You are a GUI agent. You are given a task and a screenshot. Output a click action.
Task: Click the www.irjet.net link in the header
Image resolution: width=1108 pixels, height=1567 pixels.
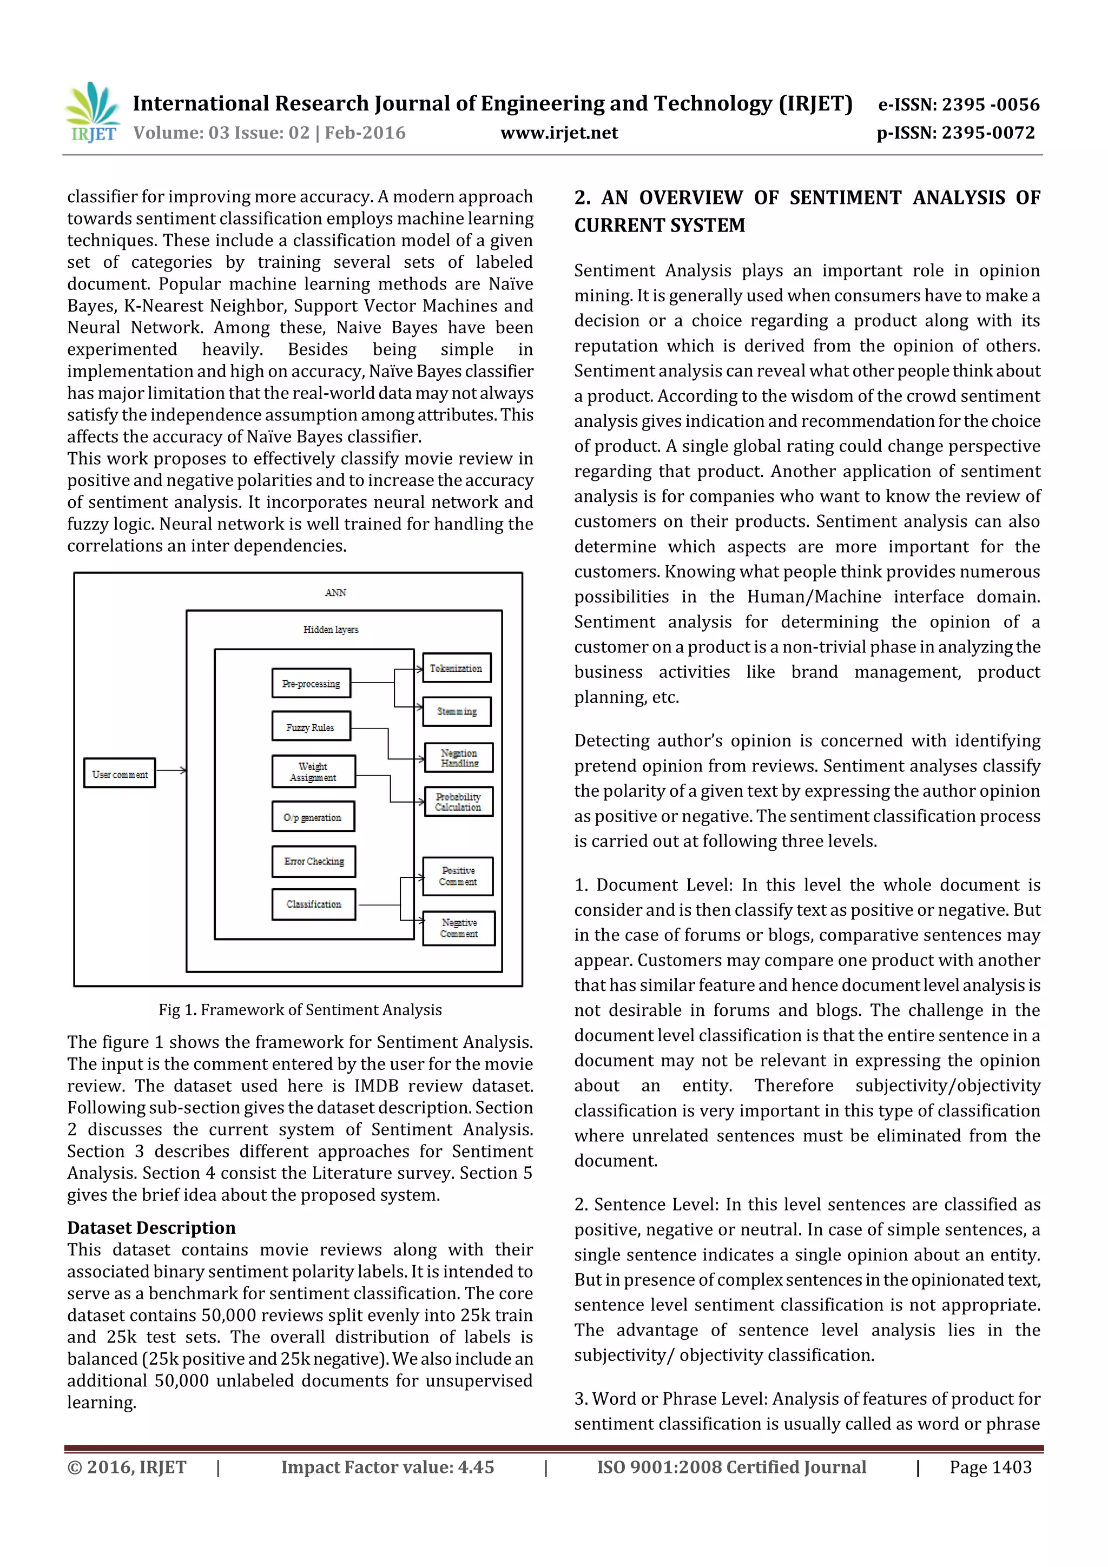(558, 133)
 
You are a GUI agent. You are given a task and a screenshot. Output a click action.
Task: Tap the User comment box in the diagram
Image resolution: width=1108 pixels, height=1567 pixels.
(120, 774)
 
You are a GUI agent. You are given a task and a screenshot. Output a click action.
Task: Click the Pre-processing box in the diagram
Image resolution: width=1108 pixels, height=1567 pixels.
(311, 683)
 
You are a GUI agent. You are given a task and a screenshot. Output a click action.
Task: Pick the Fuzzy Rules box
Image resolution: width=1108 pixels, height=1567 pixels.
(311, 727)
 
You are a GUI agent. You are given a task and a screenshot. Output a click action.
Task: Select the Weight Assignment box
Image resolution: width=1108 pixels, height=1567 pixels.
(313, 771)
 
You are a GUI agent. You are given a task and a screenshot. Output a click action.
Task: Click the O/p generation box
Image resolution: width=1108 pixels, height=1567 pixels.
(313, 817)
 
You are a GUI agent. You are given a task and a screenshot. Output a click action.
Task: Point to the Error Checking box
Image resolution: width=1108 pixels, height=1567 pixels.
(314, 861)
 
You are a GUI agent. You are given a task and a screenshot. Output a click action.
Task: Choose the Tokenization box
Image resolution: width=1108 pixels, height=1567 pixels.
(456, 668)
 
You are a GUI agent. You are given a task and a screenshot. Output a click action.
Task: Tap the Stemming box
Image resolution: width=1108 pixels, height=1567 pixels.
(457, 711)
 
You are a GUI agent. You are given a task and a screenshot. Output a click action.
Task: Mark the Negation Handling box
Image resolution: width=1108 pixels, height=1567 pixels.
(459, 758)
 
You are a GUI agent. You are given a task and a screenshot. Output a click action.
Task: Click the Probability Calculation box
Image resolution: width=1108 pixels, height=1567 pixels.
(458, 802)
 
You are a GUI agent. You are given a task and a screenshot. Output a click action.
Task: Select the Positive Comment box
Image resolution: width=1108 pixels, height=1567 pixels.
(458, 876)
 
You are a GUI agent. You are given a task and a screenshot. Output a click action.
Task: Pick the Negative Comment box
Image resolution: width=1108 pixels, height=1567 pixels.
(459, 928)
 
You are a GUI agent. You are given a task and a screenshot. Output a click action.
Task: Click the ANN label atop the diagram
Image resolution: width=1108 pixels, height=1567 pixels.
(335, 592)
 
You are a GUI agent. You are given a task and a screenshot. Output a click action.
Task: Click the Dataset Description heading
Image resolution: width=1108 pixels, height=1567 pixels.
(151, 1228)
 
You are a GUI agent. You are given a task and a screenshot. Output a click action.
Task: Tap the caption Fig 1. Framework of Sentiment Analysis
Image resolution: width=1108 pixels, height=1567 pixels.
(300, 1009)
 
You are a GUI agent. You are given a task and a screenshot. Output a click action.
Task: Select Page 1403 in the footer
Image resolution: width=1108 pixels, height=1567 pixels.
(990, 1467)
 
